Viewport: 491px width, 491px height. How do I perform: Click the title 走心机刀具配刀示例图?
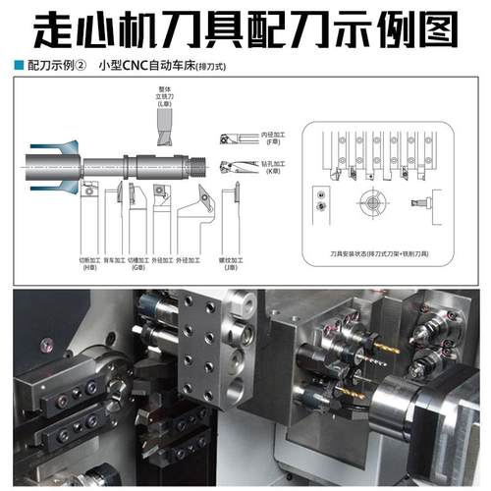click(x=245, y=29)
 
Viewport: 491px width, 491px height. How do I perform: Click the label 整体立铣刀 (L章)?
click(x=162, y=94)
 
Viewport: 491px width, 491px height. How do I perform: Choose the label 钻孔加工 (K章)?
click(x=272, y=165)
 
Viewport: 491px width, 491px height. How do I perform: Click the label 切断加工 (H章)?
click(x=90, y=264)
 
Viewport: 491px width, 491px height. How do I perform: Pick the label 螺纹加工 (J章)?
click(x=227, y=264)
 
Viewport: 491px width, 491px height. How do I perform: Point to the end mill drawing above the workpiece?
click(x=163, y=123)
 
